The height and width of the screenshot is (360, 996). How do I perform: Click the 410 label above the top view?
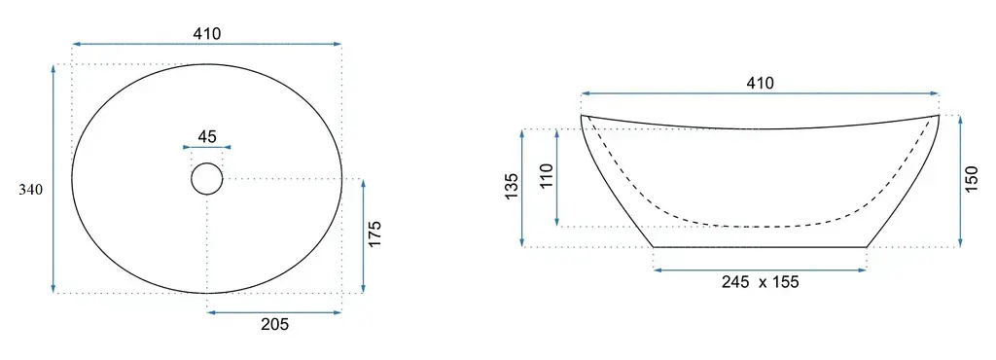click(208, 34)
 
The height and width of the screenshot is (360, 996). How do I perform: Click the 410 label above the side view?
click(761, 83)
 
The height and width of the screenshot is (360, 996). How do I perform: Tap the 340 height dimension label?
click(30, 189)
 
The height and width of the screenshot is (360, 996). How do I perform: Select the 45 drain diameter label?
click(207, 136)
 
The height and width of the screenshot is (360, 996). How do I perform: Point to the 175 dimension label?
click(374, 234)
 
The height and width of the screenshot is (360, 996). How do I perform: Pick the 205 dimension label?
click(275, 324)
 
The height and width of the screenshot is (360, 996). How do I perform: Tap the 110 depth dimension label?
click(547, 176)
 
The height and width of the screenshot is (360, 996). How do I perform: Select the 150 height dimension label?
click(973, 181)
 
